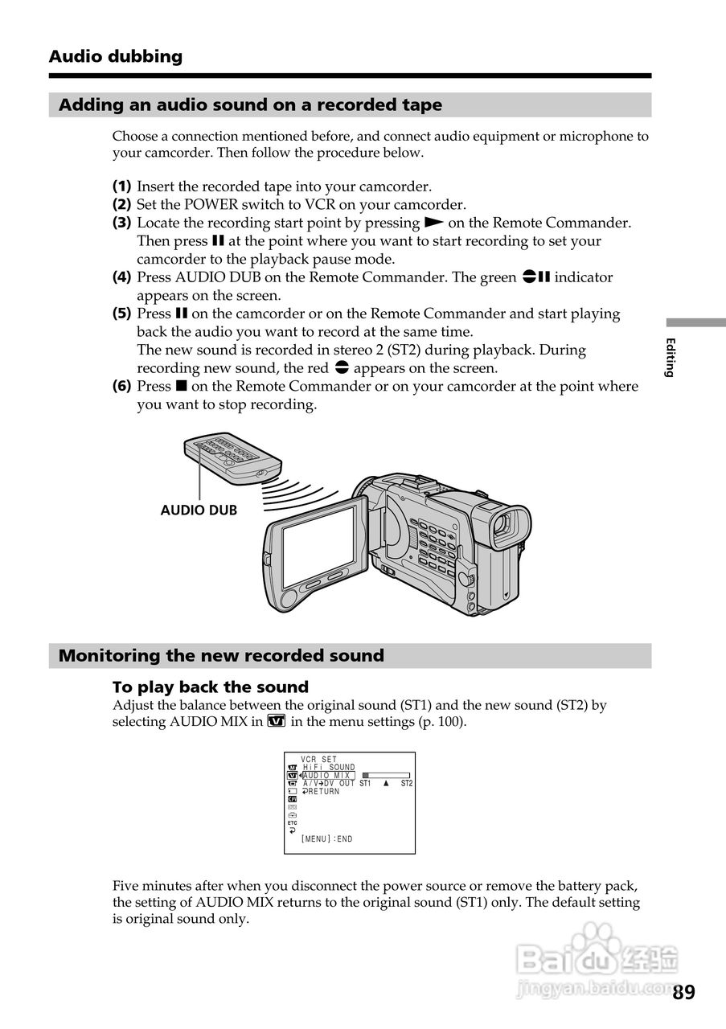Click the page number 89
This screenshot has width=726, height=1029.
point(683,992)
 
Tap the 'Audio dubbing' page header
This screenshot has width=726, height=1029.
point(115,56)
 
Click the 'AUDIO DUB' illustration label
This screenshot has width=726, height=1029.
point(199,510)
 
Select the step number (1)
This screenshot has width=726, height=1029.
point(121,187)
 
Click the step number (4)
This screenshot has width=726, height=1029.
point(121,277)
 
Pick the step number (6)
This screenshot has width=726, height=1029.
point(121,386)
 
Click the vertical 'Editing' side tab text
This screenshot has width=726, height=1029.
point(670,358)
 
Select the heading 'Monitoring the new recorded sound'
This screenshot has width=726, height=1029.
point(221,656)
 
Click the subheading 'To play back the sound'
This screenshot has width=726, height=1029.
point(210,687)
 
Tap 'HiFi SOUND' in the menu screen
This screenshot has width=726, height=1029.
point(329,768)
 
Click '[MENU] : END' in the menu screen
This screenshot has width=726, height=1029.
point(327,839)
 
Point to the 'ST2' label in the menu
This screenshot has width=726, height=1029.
point(406,784)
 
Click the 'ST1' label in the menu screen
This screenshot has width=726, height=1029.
point(365,784)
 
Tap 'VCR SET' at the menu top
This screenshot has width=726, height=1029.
point(319,760)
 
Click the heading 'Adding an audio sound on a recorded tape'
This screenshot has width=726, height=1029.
point(250,105)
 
